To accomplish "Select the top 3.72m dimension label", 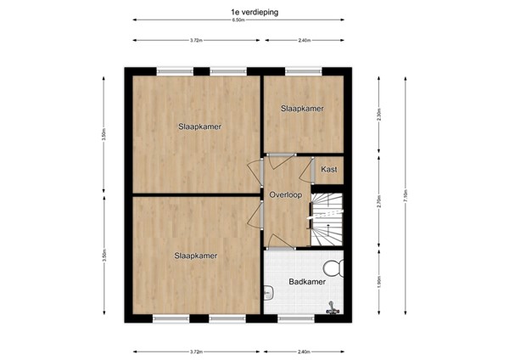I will click(x=196, y=40).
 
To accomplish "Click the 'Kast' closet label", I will click(x=329, y=170).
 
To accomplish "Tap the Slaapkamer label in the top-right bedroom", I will click(x=303, y=109).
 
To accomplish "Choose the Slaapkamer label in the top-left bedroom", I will click(x=199, y=127).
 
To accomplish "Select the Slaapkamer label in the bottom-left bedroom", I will click(x=196, y=255).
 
